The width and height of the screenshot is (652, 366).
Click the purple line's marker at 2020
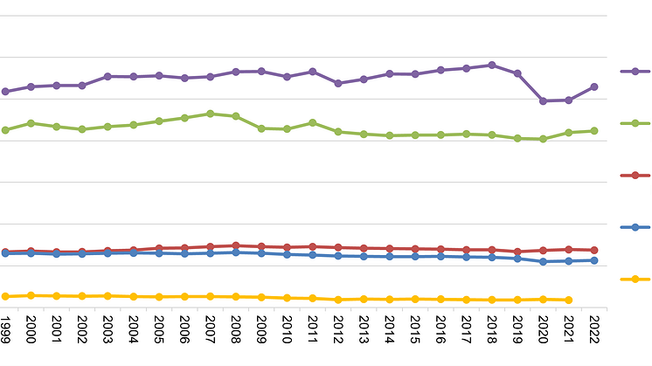tap(543, 100)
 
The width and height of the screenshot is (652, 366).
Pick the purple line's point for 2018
tap(492, 65)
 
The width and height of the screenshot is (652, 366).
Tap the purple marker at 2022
tap(594, 86)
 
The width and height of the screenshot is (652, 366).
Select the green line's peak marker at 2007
tap(210, 114)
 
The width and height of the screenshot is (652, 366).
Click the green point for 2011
tap(312, 122)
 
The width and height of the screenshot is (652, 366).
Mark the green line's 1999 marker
tap(5, 130)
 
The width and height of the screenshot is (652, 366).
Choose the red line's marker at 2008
tap(236, 245)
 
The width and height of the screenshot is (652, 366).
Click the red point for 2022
tap(594, 250)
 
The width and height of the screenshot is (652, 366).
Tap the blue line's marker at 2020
tap(543, 261)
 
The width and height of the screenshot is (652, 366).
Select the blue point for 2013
tap(364, 256)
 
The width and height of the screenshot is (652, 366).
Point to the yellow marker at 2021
tap(569, 300)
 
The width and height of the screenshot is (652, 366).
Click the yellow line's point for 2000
tap(31, 295)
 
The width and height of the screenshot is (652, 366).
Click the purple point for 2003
tap(108, 76)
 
